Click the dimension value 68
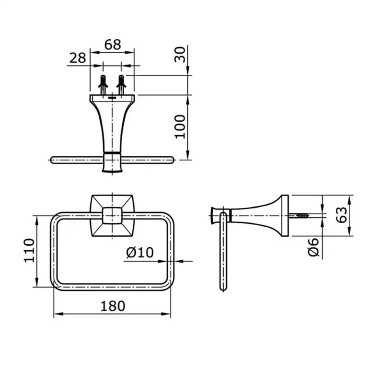point(113,45)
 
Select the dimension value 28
point(77,57)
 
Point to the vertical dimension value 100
point(180,126)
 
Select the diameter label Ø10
point(140,253)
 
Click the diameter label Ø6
point(314,248)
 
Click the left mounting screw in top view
point(103,85)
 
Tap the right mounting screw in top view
point(121,85)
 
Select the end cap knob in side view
point(214,216)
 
